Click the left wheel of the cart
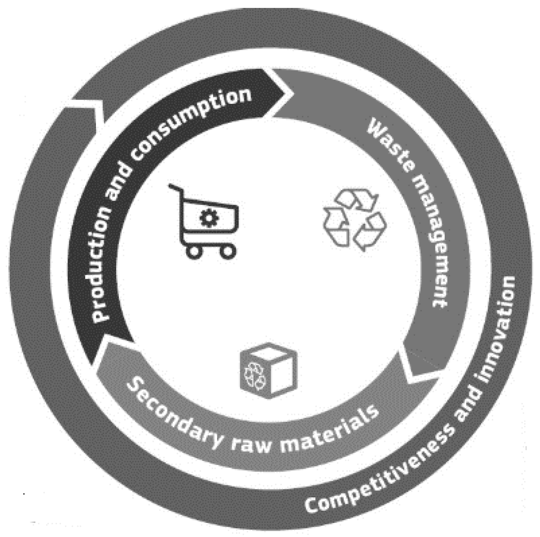pyautogui.click(x=194, y=251)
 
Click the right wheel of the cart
pyautogui.click(x=228, y=251)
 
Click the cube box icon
pyautogui.click(x=269, y=370)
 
